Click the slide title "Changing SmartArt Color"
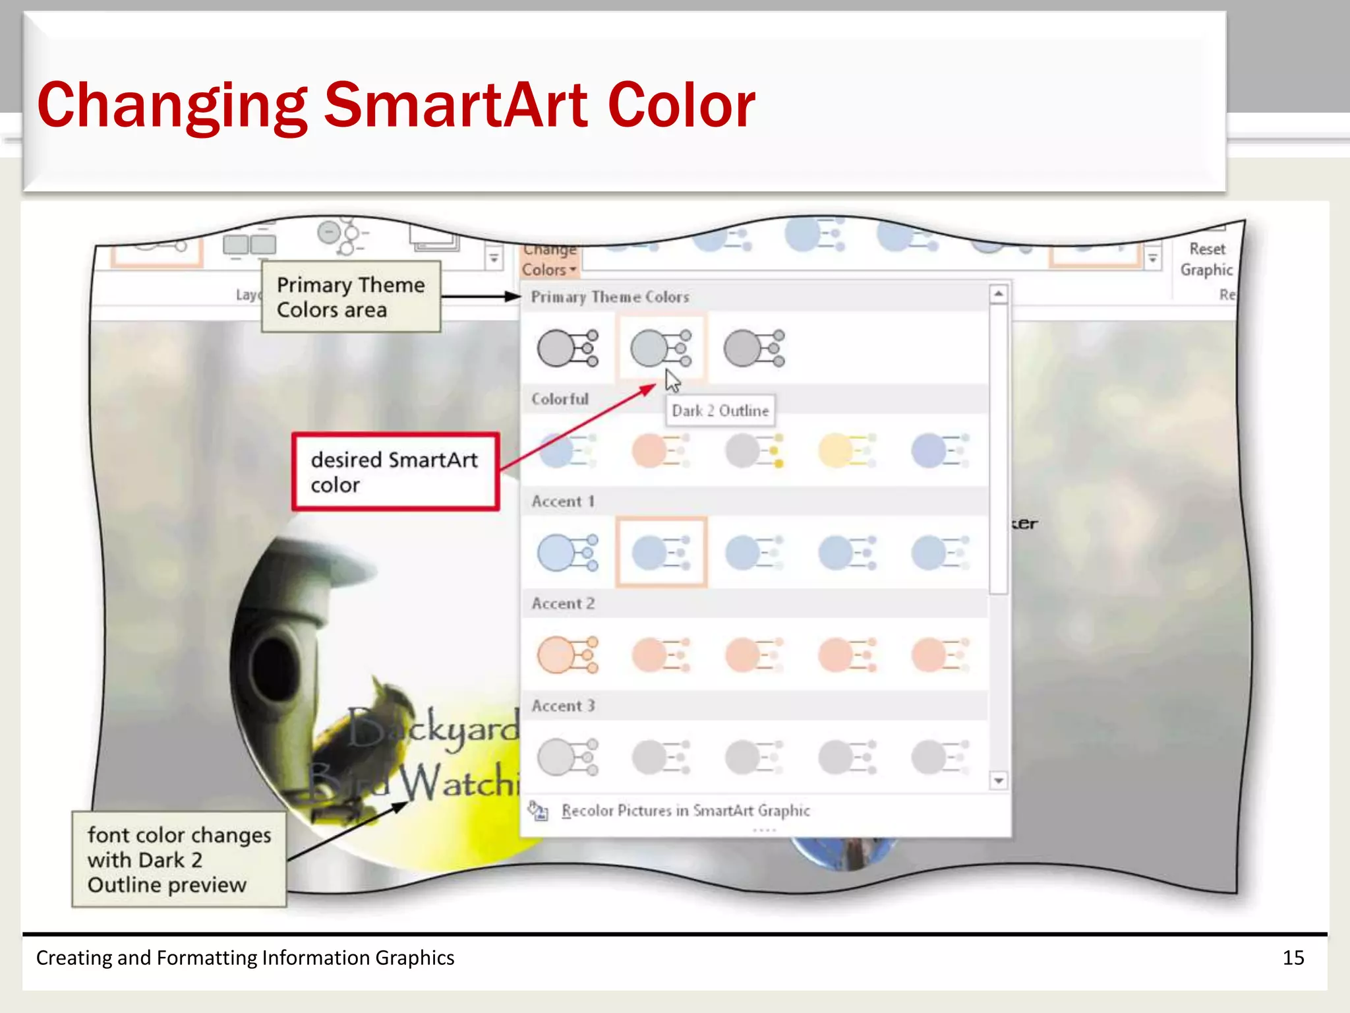(396, 106)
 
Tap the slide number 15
(1293, 958)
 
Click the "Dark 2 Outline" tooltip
(720, 411)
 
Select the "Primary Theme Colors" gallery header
(610, 297)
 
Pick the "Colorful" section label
(560, 399)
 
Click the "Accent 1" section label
(563, 501)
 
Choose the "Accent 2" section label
(563, 603)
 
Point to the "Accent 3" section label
(563, 706)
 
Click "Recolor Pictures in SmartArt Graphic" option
(685, 811)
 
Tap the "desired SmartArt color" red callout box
(395, 472)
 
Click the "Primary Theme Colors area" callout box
(351, 297)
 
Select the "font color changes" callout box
(179, 859)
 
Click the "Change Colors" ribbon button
(548, 261)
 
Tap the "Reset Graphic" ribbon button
(1206, 259)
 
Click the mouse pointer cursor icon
(672, 381)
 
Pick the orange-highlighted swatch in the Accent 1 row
(661, 552)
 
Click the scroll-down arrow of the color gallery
(999, 781)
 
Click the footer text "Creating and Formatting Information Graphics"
(245, 958)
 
